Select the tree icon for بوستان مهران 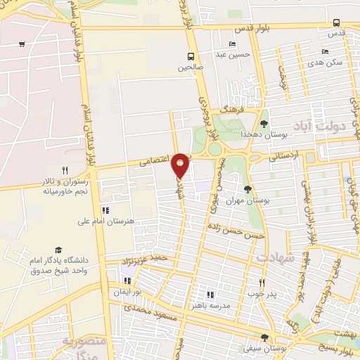tap(247, 188)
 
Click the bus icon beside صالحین tap(191, 56)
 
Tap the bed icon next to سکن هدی tap(324, 51)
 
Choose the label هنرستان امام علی tap(105, 221)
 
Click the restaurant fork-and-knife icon tap(65, 169)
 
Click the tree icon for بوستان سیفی tap(264, 337)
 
